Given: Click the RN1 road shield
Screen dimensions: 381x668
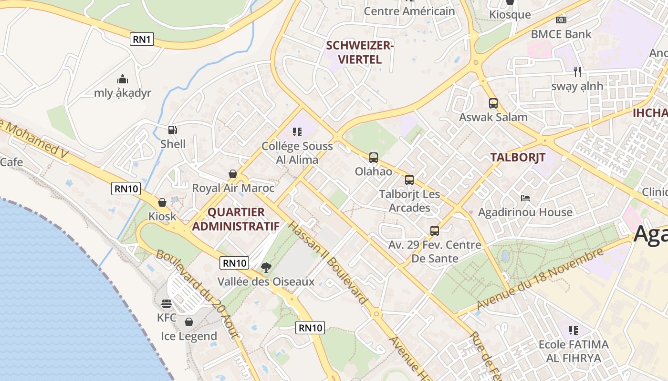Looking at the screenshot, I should click(142, 39).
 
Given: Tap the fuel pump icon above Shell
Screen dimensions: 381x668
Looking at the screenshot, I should click(172, 130).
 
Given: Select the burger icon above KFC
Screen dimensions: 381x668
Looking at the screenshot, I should click(167, 303).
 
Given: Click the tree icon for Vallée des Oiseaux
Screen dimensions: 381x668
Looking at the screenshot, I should click(266, 268).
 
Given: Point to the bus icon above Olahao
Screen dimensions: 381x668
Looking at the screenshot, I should click(374, 157).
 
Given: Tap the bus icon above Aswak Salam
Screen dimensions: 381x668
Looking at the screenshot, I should click(493, 103).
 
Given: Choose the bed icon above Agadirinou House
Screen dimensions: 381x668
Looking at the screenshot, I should click(525, 198).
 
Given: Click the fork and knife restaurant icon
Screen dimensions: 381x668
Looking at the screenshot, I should click(577, 72).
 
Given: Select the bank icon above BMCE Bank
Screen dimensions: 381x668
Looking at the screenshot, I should click(561, 20).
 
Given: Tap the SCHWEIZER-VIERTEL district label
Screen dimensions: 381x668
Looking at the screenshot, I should click(359, 52).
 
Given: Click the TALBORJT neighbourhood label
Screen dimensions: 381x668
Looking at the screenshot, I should click(518, 158).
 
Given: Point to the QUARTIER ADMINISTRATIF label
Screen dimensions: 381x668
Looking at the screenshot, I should click(236, 219).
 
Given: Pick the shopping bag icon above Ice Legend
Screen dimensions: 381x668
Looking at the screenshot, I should click(189, 322).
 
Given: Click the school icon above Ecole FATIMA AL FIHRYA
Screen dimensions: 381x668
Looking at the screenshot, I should click(574, 330).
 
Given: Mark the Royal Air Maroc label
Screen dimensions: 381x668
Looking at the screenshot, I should click(233, 188).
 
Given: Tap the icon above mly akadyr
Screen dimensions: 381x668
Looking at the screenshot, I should click(123, 79).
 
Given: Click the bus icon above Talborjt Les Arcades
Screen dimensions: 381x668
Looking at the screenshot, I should click(409, 180).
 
